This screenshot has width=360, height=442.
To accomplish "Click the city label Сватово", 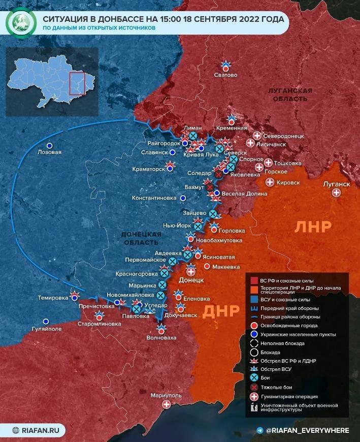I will click(226, 75).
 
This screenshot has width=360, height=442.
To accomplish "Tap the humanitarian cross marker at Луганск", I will click(336, 193).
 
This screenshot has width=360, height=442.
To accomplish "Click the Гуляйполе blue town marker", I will click(46, 321).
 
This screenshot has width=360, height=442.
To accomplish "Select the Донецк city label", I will click(191, 280).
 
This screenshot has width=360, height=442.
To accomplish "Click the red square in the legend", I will click(254, 280).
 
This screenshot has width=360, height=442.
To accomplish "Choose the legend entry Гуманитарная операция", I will click(289, 397).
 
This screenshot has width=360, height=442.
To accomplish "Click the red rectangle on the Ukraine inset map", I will click(76, 84).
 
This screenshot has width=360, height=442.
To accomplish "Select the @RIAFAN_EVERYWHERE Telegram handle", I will click(307, 430).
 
